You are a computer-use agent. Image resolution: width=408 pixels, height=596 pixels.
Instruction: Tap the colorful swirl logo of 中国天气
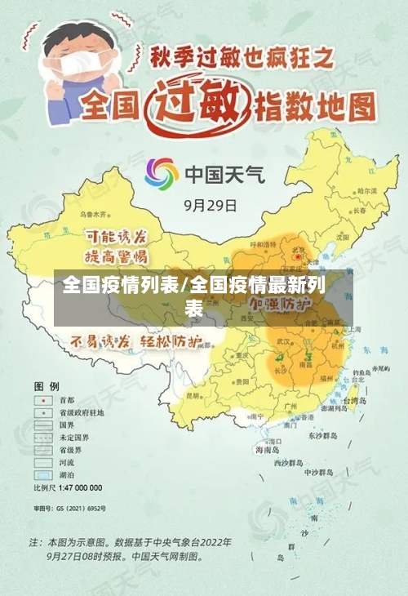click(161, 174)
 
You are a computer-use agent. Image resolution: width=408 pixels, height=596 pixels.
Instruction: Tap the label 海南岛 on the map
click(267, 449)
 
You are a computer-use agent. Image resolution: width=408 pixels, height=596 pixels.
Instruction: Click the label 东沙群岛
click(322, 435)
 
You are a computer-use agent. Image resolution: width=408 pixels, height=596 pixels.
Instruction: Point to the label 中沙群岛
click(319, 472)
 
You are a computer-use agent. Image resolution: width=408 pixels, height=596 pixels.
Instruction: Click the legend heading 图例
click(46, 385)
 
